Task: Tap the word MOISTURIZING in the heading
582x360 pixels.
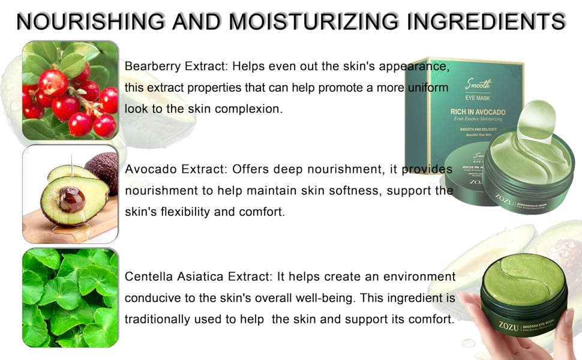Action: point(311,22)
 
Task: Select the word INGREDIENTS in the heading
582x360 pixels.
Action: point(486,22)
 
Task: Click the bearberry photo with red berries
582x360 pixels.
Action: point(70,91)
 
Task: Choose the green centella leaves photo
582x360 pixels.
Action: point(70,298)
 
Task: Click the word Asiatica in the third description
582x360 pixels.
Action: point(200,277)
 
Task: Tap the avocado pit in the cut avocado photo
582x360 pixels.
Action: point(71,199)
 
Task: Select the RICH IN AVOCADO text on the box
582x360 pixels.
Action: point(478,112)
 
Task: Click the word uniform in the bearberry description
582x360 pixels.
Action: point(427,88)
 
